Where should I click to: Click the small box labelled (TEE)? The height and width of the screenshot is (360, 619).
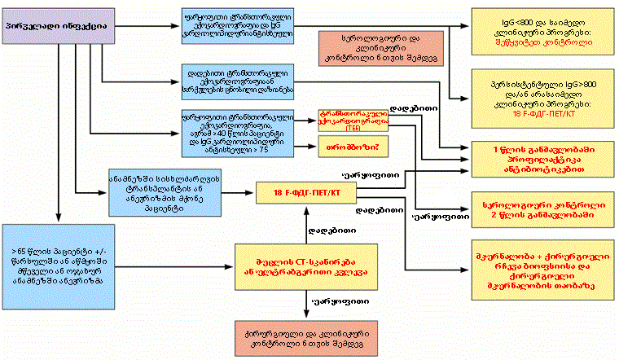(352, 121)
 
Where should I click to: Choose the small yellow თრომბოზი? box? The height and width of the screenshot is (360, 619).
(352, 147)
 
